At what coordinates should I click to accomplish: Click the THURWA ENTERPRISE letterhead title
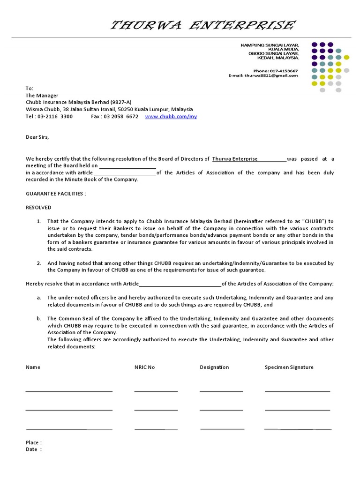(202, 25)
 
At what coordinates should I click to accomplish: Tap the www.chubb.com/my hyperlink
(171, 117)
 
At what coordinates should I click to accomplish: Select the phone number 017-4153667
(283, 71)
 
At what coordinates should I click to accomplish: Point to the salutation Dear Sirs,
(37, 137)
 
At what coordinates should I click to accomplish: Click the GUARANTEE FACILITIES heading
(56, 194)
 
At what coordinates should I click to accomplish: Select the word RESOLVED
(38, 207)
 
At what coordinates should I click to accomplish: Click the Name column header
(33, 367)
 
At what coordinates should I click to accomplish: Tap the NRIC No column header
(144, 367)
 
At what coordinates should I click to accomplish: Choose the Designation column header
(214, 367)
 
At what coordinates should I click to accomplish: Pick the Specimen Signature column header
(289, 367)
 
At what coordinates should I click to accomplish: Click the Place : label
(33, 442)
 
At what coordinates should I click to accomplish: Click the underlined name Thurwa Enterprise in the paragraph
(235, 159)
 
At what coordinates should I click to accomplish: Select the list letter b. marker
(38, 319)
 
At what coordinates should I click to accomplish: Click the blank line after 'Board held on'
(127, 166)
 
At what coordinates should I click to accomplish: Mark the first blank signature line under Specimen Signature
(297, 390)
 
